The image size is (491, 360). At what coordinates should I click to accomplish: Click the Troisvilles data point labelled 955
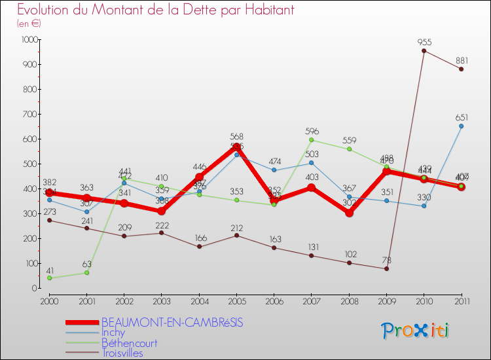click(424, 50)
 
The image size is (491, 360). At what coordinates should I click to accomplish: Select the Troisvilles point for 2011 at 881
click(461, 69)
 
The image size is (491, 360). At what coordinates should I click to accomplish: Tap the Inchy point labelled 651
click(461, 126)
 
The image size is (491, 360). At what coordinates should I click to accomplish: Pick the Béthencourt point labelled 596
click(312, 139)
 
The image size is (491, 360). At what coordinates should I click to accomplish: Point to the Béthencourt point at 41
click(49, 278)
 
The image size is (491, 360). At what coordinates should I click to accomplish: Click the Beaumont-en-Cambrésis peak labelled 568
click(236, 147)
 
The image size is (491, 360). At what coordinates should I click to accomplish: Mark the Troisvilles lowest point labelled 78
click(386, 268)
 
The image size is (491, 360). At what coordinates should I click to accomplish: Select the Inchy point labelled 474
click(274, 170)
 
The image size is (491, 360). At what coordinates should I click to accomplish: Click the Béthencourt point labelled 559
click(349, 149)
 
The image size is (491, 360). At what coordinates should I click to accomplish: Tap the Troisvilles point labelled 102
click(349, 262)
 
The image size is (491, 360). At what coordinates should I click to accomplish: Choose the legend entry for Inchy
click(113, 333)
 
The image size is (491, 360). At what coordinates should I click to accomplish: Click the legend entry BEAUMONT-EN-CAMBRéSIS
click(172, 322)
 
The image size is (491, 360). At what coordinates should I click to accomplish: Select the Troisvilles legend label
click(122, 353)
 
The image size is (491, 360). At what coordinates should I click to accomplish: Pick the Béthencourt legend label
click(129, 343)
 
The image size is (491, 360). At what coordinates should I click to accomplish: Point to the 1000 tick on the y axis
click(29, 40)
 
